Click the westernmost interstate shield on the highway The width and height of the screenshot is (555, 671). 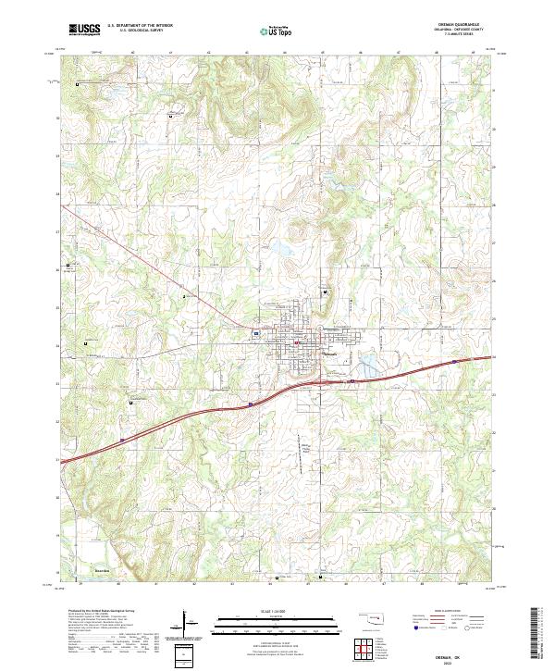(x=251, y=404)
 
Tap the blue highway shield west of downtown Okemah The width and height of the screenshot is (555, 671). (x=255, y=332)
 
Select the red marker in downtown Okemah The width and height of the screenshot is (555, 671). (x=295, y=344)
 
